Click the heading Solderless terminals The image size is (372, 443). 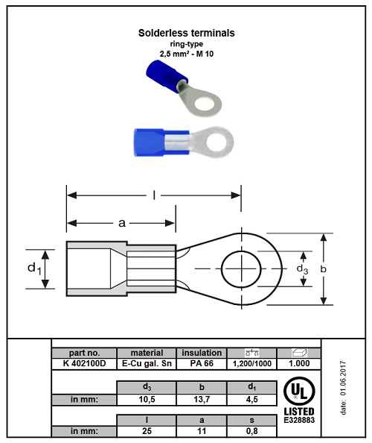tap(186, 33)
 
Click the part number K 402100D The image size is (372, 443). tap(84, 363)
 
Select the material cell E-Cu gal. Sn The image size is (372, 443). tap(147, 363)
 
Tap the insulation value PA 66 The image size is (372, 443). tap(202, 363)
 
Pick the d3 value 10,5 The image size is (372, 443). tap(147, 400)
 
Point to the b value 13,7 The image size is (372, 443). tap(202, 400)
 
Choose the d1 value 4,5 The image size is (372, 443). tap(251, 400)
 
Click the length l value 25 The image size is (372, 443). tap(147, 431)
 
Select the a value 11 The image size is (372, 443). tap(202, 431)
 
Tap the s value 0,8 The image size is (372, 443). tap(251, 431)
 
